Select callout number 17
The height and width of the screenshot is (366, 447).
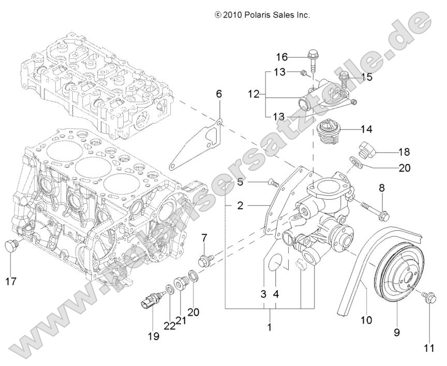11,282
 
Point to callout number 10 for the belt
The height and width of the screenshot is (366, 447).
366,320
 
